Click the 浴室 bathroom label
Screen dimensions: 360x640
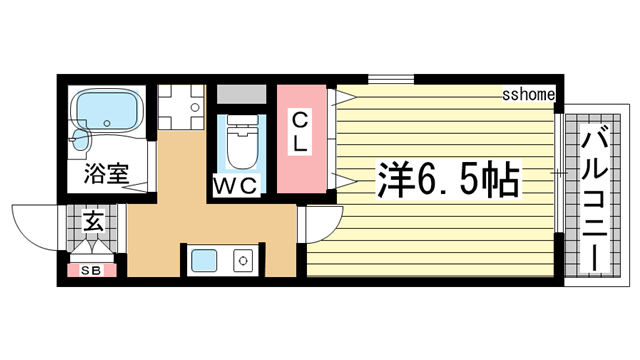104,173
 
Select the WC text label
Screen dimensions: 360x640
236,186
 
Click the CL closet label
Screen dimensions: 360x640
301,133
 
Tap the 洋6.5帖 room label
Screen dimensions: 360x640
446,179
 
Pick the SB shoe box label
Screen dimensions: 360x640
91,269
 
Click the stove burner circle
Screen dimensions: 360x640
242,263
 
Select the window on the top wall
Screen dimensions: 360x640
391,79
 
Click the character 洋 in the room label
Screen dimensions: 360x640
394,179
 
